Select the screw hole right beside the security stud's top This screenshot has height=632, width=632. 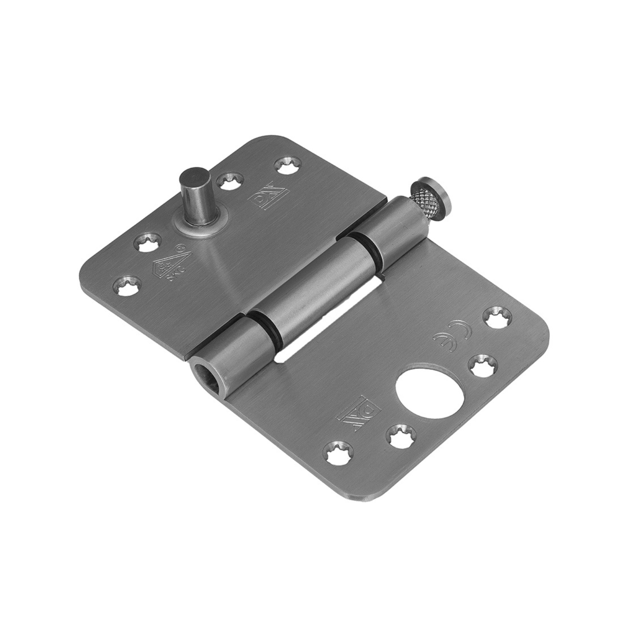point(228,181)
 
